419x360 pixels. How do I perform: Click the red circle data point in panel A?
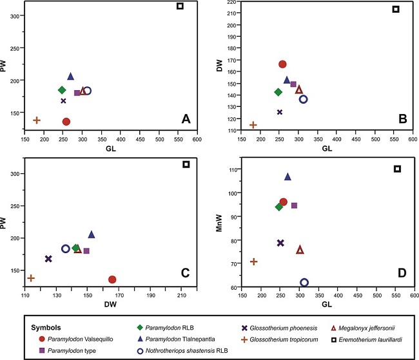click(x=66, y=121)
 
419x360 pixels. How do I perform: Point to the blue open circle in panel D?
click(x=304, y=282)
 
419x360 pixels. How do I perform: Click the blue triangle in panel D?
click(x=287, y=176)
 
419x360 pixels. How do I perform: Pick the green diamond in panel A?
click(x=62, y=90)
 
